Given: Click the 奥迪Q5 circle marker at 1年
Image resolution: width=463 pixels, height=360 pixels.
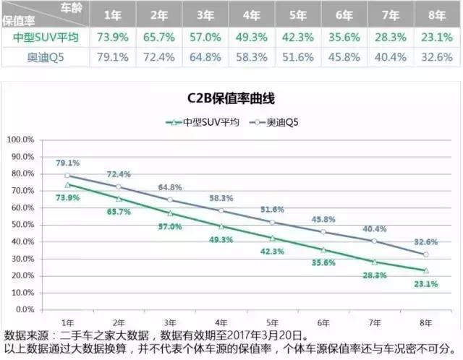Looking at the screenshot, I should (67, 175).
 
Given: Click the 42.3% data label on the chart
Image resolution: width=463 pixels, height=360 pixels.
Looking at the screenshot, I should (273, 252).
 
